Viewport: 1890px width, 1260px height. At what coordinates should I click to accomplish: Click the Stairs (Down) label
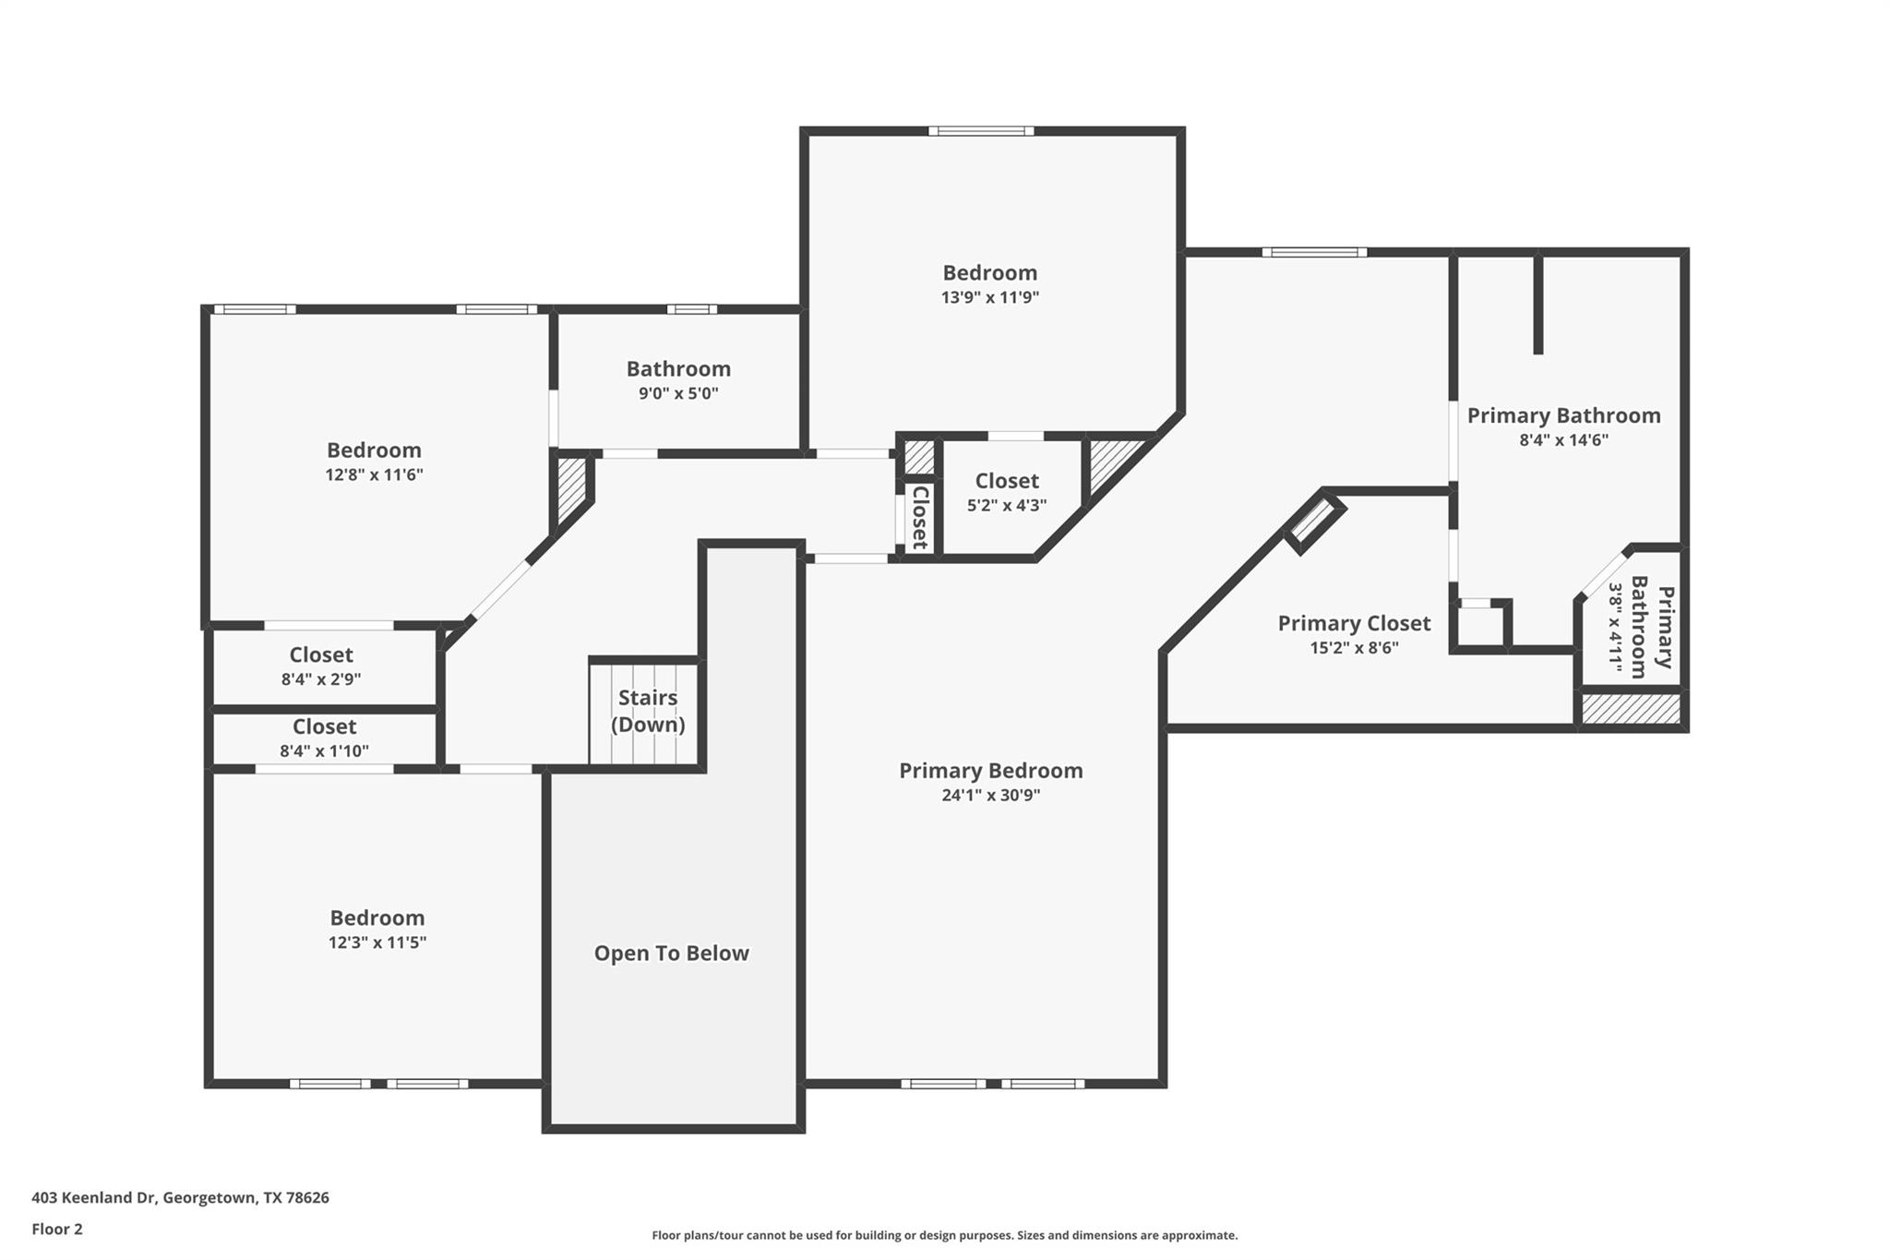pyautogui.click(x=648, y=711)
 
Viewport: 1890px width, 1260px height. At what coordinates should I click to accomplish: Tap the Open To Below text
pyautogui.click(x=671, y=954)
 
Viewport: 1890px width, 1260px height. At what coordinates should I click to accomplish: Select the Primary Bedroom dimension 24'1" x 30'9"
pyautogui.click(x=990, y=795)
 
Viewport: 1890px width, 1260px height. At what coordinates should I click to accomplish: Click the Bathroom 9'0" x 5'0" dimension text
pyautogui.click(x=678, y=393)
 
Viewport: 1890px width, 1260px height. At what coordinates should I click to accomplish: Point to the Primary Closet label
pyautogui.click(x=1354, y=623)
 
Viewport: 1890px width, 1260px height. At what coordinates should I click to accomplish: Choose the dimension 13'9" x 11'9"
pyautogui.click(x=989, y=297)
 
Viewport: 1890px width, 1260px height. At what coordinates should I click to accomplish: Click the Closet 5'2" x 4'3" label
pyautogui.click(x=1006, y=481)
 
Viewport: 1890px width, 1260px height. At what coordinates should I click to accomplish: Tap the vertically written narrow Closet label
pyautogui.click(x=920, y=517)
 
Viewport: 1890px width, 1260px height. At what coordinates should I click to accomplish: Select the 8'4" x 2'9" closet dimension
pyautogui.click(x=321, y=679)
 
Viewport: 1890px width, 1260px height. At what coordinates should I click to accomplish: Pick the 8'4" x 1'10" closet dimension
pyautogui.click(x=324, y=751)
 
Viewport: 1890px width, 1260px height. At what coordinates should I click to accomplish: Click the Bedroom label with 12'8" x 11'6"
pyautogui.click(x=374, y=450)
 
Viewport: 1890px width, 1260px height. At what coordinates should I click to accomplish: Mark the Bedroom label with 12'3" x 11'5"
pyautogui.click(x=377, y=918)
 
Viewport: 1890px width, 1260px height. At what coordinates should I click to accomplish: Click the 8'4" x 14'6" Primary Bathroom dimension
pyautogui.click(x=1563, y=440)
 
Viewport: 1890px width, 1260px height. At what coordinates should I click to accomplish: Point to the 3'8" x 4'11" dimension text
pyautogui.click(x=1615, y=627)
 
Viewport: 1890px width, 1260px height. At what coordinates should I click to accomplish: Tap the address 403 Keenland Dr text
pyautogui.click(x=180, y=1197)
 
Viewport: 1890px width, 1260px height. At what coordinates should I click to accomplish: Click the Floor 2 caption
pyautogui.click(x=57, y=1229)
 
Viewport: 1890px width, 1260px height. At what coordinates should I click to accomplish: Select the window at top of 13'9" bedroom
pyautogui.click(x=981, y=131)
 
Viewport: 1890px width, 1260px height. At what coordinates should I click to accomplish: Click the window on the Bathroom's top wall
pyautogui.click(x=691, y=309)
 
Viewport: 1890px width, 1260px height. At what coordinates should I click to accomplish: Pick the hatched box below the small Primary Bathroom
pyautogui.click(x=1631, y=709)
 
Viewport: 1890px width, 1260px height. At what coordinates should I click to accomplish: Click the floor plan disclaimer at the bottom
pyautogui.click(x=944, y=1235)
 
